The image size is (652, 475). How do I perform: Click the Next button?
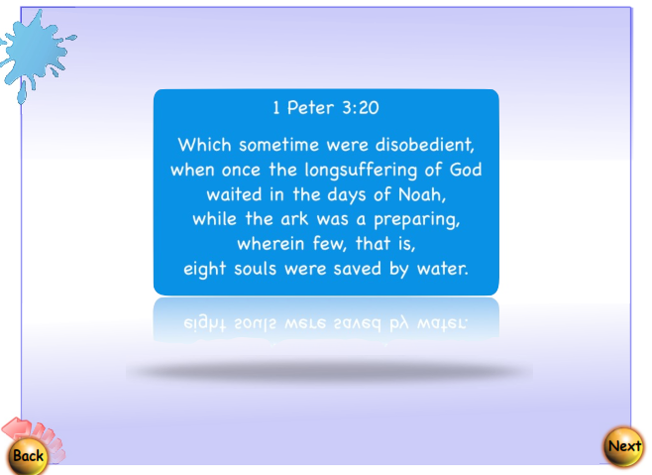(x=624, y=446)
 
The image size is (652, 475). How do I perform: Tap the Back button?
(x=28, y=455)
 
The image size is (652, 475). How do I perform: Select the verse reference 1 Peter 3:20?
(x=326, y=107)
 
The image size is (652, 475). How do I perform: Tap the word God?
(x=463, y=169)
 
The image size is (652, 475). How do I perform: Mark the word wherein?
(x=272, y=243)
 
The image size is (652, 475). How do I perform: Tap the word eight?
(x=206, y=268)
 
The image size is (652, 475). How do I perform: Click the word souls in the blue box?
(x=260, y=268)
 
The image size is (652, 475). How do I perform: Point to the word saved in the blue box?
(x=361, y=268)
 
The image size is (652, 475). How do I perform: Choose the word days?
(x=349, y=193)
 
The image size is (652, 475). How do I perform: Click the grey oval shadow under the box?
(x=327, y=373)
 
